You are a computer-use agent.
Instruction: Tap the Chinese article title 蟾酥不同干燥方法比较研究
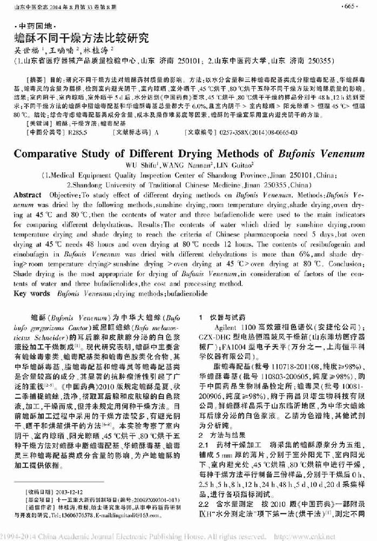pyautogui.click(x=81, y=38)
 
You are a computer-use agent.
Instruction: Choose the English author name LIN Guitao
pyautogui.click(x=232, y=165)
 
